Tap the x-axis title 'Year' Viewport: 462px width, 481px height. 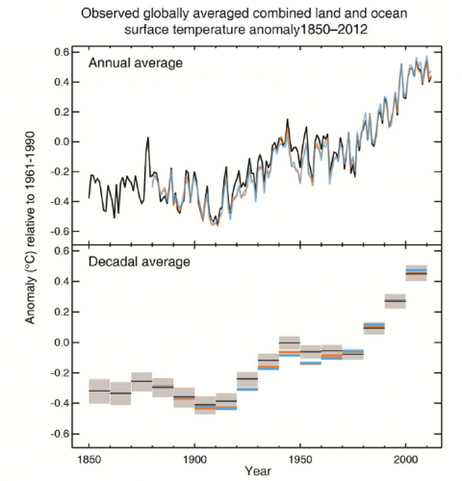257,471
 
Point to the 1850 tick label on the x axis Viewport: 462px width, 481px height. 88,458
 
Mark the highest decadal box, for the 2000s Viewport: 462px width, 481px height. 417,272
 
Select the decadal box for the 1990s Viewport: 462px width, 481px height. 396,301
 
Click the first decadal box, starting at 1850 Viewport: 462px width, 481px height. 98,392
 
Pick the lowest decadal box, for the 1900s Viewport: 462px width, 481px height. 204,406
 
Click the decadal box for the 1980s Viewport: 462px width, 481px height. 374,327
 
